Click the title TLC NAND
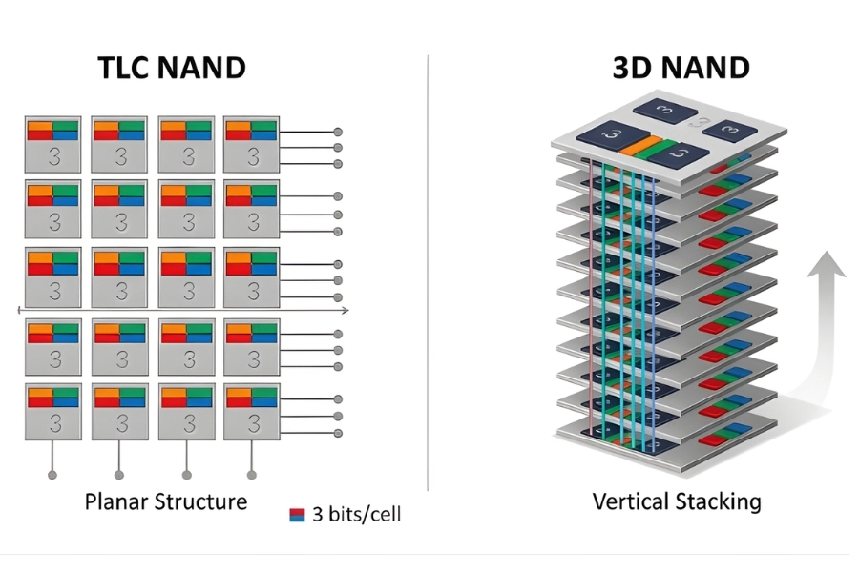coord(172,69)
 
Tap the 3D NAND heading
coord(681,69)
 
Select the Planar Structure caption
coord(165,501)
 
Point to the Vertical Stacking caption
coord(677,501)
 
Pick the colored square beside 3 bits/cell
coord(296,515)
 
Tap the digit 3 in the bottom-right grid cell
coord(253,420)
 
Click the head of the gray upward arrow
coord(827,262)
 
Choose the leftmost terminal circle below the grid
coord(52,474)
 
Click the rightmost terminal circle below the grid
coord(252,474)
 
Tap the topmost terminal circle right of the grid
coord(337,132)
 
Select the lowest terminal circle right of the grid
coord(337,434)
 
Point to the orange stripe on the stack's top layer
coord(639,147)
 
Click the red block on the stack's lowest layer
coord(713,440)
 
